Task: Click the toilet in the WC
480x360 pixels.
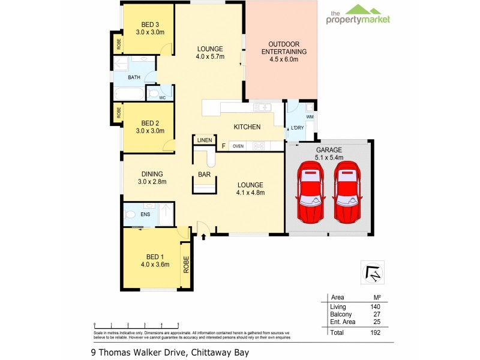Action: point(153,95)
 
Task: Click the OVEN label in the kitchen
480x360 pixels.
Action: point(238,146)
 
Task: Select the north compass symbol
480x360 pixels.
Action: point(373,273)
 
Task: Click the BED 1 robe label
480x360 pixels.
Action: point(186,265)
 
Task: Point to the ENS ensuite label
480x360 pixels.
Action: point(146,213)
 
